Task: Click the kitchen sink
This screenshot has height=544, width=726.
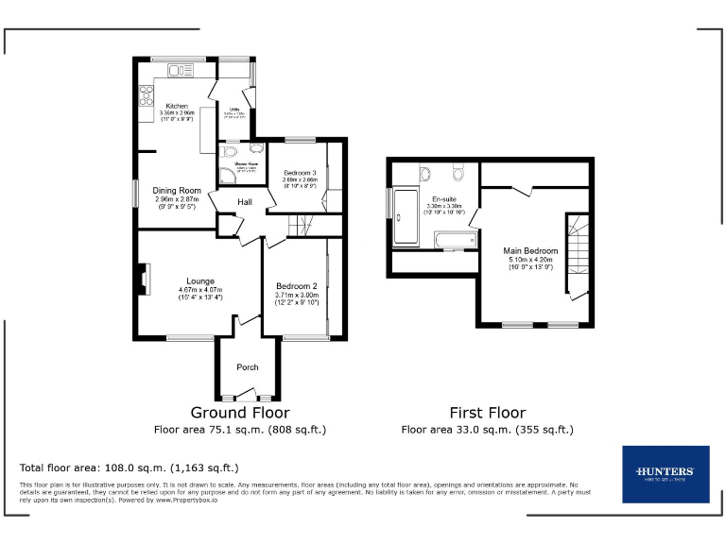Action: (177, 70)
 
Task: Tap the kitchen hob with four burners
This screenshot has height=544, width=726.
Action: (147, 94)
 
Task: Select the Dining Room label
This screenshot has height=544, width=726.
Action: (178, 191)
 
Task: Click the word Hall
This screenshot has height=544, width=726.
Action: (245, 202)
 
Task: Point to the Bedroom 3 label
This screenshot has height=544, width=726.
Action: (301, 173)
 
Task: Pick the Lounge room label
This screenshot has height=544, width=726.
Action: (200, 280)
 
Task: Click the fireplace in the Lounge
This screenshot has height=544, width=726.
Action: (142, 280)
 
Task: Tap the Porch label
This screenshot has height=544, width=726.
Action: (248, 367)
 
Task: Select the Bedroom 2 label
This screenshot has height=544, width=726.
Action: (296, 286)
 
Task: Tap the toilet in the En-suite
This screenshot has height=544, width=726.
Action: (458, 172)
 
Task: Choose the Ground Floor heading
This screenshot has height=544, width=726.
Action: (240, 413)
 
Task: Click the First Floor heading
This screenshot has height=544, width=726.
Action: (487, 413)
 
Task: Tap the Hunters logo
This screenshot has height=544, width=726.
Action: (665, 474)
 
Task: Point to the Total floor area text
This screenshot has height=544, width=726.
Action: (129, 467)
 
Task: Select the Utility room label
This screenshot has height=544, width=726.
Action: (235, 110)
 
